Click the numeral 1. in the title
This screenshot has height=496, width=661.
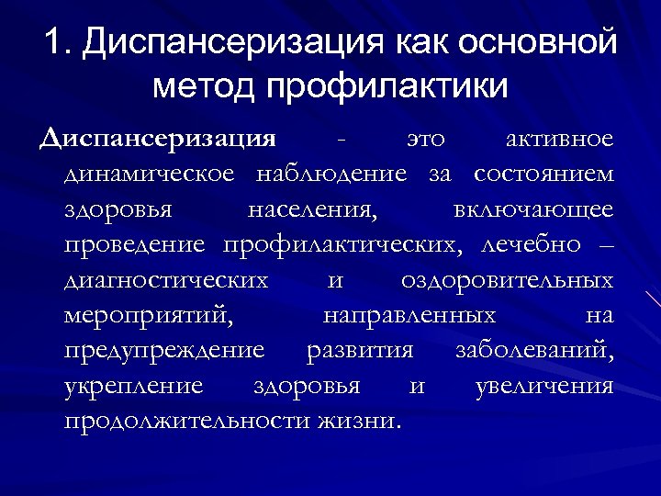(x=57, y=43)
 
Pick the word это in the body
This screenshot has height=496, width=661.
(x=425, y=139)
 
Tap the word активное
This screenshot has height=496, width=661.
(x=560, y=139)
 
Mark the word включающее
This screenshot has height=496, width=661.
(x=533, y=209)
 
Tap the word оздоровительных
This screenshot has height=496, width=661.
(x=508, y=278)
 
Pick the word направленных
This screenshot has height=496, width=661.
(x=409, y=315)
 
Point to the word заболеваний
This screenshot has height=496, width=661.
(x=535, y=350)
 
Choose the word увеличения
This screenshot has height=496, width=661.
(x=545, y=385)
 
